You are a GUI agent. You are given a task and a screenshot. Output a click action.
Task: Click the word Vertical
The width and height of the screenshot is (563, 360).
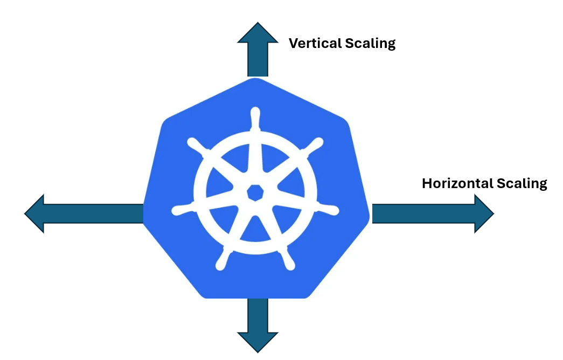[x=311, y=43]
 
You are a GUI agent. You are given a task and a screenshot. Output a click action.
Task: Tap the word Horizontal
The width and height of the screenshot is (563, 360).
[x=454, y=183]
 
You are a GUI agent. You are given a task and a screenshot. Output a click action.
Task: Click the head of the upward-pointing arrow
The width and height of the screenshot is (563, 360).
[x=258, y=34]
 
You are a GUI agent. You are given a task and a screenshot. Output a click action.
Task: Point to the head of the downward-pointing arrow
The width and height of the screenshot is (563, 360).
[x=258, y=341]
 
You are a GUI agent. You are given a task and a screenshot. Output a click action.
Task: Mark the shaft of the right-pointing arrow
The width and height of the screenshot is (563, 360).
[x=423, y=214]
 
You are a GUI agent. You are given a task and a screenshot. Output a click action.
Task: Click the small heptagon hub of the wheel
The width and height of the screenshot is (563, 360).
[x=255, y=192]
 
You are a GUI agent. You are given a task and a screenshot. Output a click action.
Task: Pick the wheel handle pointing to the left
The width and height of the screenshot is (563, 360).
[x=181, y=209]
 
